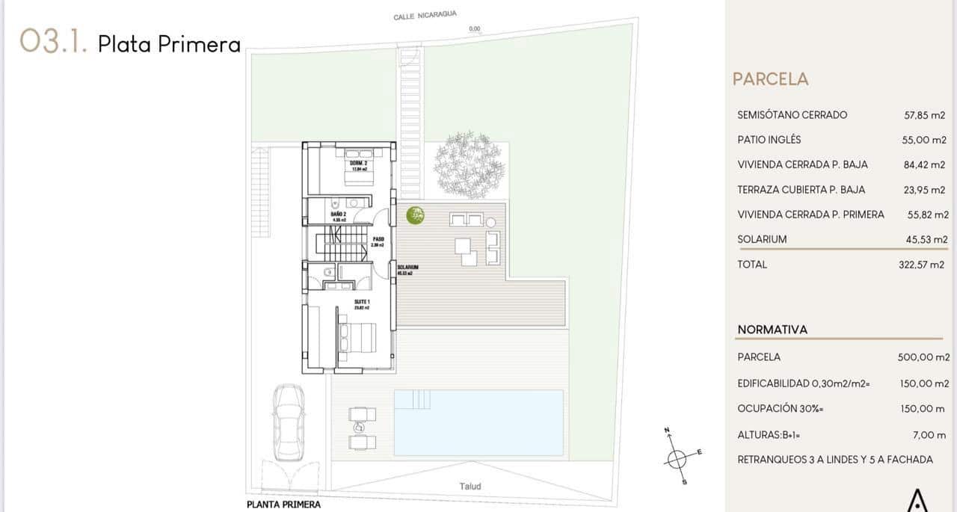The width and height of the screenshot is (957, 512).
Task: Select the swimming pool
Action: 478,422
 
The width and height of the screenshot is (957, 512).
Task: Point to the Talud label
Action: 470,487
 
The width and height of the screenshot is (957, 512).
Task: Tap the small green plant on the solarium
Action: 415,216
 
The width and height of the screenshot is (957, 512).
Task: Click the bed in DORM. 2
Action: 352,171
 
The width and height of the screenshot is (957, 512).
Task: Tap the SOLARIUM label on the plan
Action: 407,268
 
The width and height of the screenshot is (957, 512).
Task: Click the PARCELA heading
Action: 770,79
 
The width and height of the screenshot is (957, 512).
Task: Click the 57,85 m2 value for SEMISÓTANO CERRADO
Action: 925,115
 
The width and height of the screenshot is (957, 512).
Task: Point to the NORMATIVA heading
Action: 772,330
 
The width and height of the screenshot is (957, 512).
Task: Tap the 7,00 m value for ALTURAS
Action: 930,434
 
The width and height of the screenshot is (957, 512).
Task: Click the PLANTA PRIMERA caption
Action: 283,505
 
